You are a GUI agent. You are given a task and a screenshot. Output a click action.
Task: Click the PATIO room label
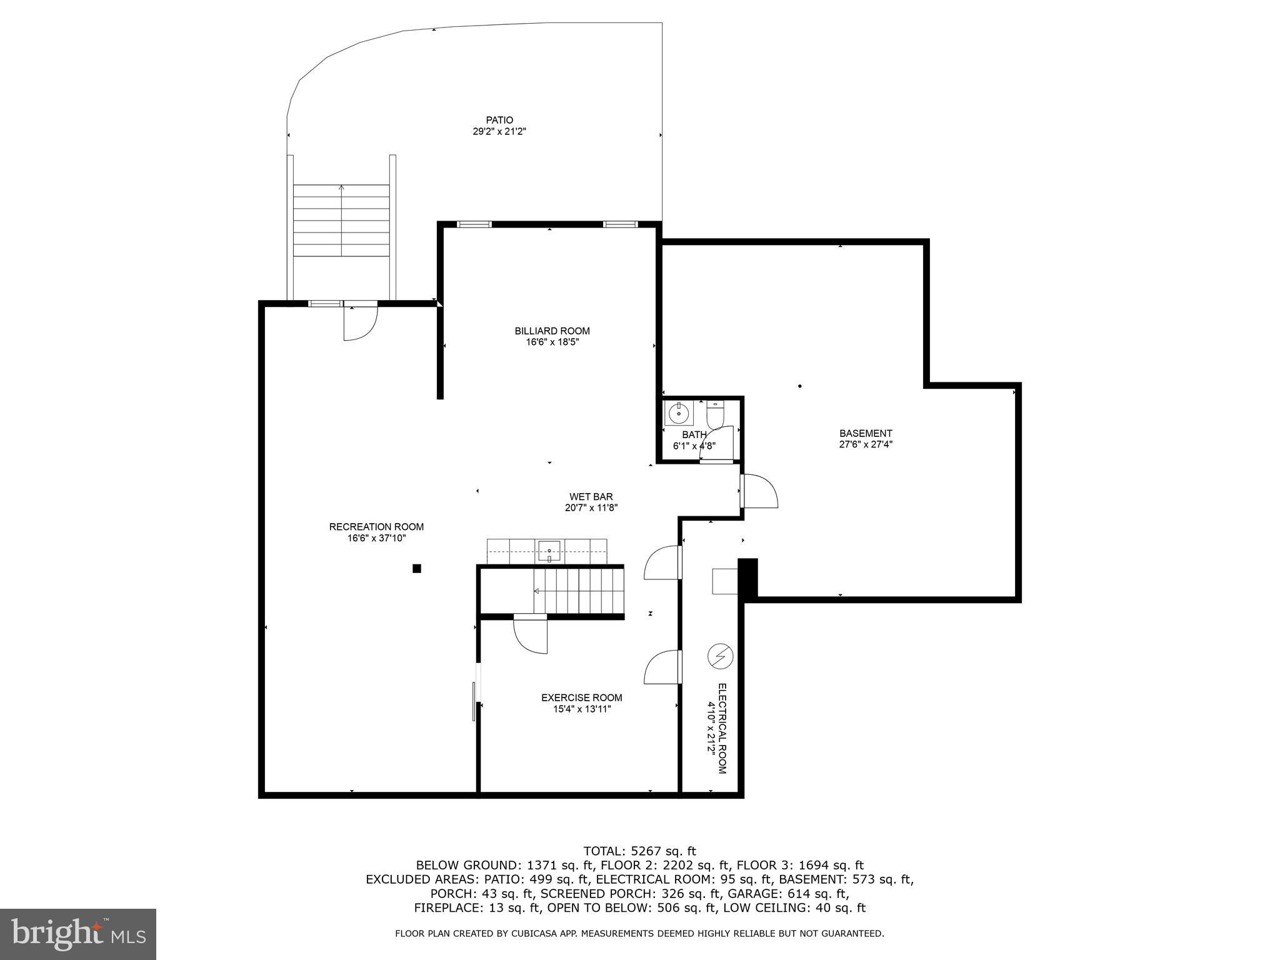(499, 120)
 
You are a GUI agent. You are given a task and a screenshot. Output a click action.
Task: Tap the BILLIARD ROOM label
(552, 331)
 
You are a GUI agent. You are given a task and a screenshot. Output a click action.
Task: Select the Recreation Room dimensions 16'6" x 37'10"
(376, 538)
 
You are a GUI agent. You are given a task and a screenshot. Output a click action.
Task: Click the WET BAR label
(591, 497)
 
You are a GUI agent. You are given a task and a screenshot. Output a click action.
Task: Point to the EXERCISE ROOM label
(581, 697)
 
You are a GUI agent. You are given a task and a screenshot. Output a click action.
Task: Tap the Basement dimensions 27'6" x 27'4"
(866, 444)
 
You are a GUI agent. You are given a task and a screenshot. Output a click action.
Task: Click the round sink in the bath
(678, 413)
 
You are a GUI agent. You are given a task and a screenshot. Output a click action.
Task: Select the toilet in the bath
(714, 413)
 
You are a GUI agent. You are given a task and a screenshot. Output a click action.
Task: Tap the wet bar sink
(549, 550)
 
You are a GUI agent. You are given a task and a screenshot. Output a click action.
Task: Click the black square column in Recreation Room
(417, 568)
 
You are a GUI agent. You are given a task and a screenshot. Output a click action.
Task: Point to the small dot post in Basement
(799, 386)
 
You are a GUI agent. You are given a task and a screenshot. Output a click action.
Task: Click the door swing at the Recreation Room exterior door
(360, 323)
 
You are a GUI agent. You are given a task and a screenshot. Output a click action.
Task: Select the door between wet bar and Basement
(760, 491)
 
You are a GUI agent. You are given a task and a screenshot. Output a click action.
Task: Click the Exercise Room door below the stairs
(530, 634)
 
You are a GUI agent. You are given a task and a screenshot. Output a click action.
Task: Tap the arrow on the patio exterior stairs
(341, 187)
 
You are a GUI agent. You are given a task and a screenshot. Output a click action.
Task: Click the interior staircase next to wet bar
(578, 591)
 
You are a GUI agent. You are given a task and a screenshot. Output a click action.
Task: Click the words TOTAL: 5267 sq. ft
(639, 851)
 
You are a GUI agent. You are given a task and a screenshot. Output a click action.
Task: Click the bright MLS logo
(78, 934)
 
